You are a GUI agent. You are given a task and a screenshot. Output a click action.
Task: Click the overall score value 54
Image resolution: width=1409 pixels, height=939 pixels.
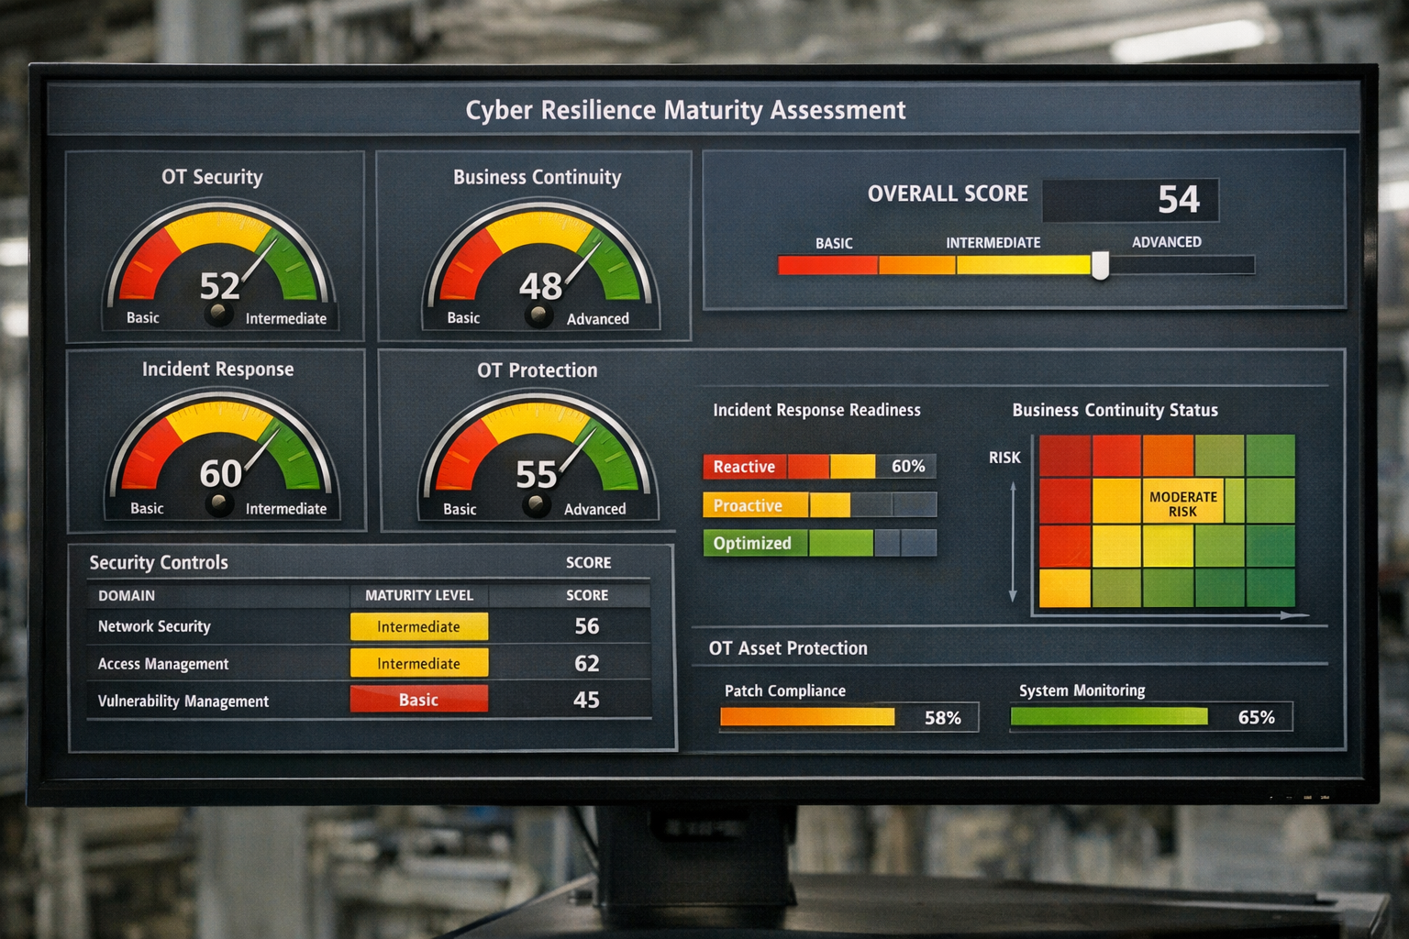tap(1178, 199)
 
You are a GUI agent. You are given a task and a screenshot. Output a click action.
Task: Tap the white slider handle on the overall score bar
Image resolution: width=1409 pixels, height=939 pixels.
tap(1100, 266)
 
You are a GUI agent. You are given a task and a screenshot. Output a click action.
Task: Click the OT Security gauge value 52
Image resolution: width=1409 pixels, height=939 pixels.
tap(220, 286)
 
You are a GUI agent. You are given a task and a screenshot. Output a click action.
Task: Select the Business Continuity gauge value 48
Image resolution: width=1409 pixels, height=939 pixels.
tap(540, 287)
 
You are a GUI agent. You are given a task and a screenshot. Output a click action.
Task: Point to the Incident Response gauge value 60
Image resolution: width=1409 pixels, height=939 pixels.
tap(221, 473)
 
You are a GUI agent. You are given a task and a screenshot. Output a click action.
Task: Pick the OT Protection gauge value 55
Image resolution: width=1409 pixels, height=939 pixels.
tap(537, 475)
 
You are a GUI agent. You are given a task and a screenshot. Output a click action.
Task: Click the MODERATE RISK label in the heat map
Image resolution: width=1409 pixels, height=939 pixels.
tap(1182, 503)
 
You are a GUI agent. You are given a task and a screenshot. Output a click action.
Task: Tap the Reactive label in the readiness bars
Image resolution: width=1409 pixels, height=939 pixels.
tap(744, 467)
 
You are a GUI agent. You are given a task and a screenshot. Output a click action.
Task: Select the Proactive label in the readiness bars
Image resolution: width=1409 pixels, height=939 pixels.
tap(748, 505)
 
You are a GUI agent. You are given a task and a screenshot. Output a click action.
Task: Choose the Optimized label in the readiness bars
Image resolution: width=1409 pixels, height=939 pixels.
tap(752, 543)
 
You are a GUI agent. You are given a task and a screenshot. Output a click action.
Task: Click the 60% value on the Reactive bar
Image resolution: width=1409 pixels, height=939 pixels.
tap(908, 466)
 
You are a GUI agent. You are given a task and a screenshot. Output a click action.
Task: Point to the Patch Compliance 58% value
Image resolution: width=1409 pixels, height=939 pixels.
tap(942, 718)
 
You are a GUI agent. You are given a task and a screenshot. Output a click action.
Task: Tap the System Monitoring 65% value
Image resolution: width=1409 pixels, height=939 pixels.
tap(1256, 717)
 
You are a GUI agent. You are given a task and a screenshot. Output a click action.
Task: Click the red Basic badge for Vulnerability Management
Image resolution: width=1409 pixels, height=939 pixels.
tap(418, 700)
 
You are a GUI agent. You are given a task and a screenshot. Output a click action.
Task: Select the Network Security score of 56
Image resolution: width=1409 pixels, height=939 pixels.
tap(586, 626)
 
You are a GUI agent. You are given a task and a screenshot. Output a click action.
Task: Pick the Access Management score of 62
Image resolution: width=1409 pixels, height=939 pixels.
tap(586, 663)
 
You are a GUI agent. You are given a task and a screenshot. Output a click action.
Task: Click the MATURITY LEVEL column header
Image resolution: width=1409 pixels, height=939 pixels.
tap(419, 595)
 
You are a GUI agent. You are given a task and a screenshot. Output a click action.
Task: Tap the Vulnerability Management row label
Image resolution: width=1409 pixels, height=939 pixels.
tap(183, 701)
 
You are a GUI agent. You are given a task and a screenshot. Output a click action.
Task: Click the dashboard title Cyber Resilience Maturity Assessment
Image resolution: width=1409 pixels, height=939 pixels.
tap(685, 110)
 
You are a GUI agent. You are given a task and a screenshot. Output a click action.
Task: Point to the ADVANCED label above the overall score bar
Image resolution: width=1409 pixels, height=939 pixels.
tap(1166, 242)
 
